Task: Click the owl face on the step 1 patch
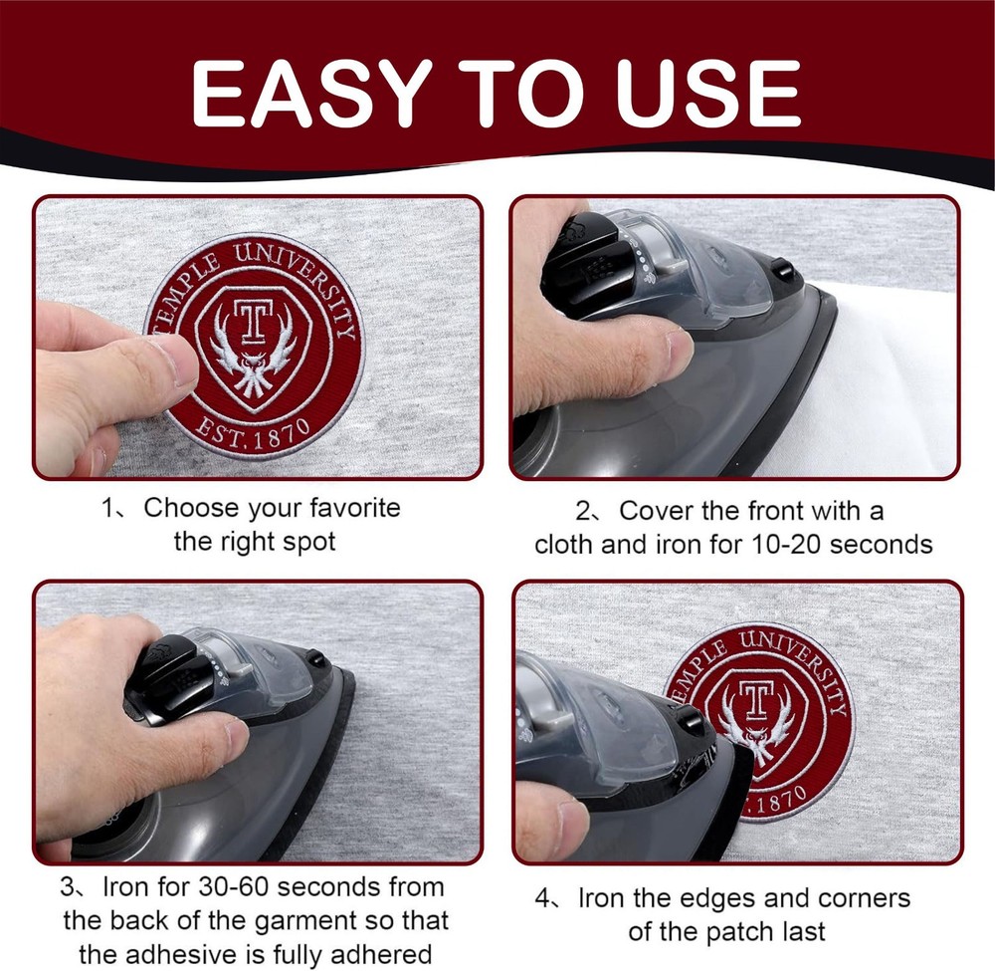click(x=252, y=366)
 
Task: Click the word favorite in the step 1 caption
click(x=355, y=507)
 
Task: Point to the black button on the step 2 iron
click(x=782, y=270)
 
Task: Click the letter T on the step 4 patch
click(x=754, y=698)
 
